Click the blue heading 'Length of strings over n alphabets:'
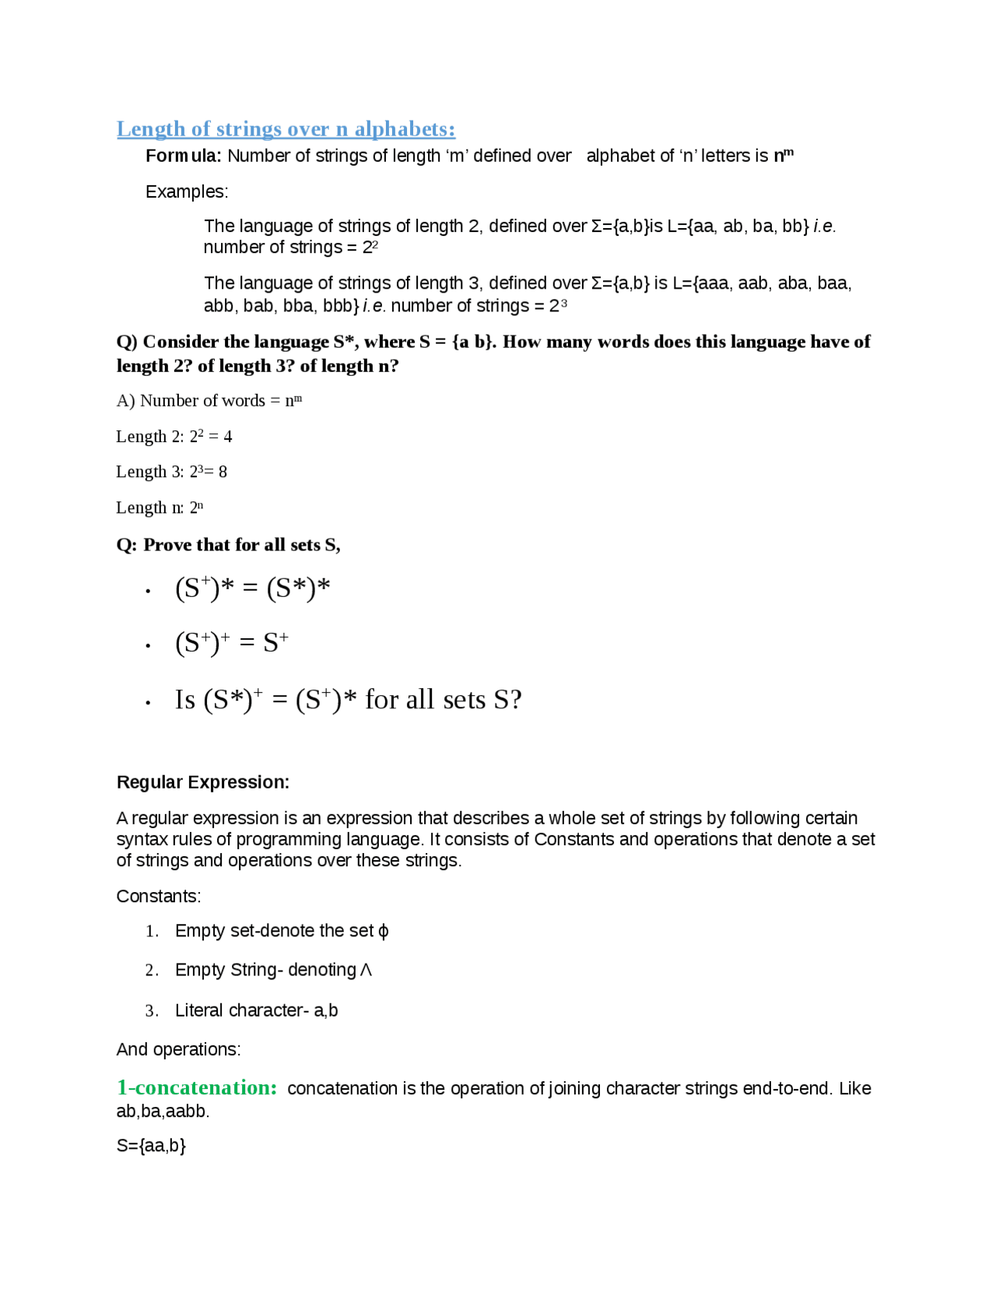pyautogui.click(x=286, y=128)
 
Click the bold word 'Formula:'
pyautogui.click(x=184, y=156)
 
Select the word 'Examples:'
pyautogui.click(x=187, y=191)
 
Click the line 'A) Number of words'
pyautogui.click(x=209, y=401)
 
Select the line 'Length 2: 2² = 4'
pyautogui.click(x=174, y=437)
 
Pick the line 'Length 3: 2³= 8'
pyautogui.click(x=171, y=472)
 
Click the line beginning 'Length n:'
pyautogui.click(x=160, y=508)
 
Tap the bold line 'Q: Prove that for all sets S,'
pyautogui.click(x=228, y=545)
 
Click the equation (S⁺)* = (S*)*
pyautogui.click(x=253, y=588)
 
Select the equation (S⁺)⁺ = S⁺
pyautogui.click(x=232, y=643)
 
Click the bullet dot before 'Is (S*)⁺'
pyautogui.click(x=148, y=702)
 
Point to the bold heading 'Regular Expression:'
pyautogui.click(x=203, y=782)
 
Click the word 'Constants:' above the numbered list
pyautogui.click(x=159, y=896)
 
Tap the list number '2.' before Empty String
pyautogui.click(x=152, y=971)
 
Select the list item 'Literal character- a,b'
pyautogui.click(x=256, y=1010)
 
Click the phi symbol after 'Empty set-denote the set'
pyautogui.click(x=383, y=932)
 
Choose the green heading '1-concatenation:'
pyautogui.click(x=197, y=1087)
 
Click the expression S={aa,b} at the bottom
pyautogui.click(x=151, y=1146)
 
